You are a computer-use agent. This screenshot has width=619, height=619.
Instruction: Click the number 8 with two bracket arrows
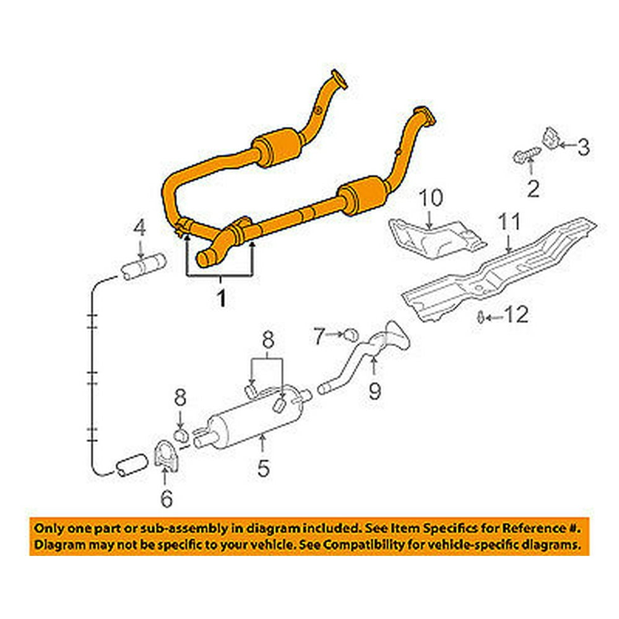(267, 340)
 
